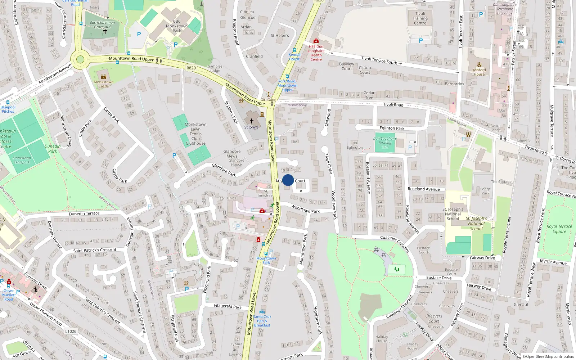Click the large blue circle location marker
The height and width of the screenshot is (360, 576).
pyautogui.click(x=288, y=180)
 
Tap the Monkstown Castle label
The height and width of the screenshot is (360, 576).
pyautogui.click(x=104, y=84)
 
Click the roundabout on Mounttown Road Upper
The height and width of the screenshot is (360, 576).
pyautogui.click(x=80, y=60)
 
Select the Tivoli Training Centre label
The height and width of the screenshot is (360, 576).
pyautogui.click(x=420, y=18)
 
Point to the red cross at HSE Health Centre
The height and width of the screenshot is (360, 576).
pyautogui.click(x=316, y=41)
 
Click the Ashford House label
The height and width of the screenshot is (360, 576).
pyautogui.click(x=479, y=72)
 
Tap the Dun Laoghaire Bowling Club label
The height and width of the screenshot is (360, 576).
pyautogui.click(x=385, y=143)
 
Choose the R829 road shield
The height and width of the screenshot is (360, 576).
pyautogui.click(x=191, y=68)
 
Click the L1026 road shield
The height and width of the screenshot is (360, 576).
pyautogui.click(x=71, y=331)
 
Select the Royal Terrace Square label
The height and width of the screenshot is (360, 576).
pyautogui.click(x=559, y=229)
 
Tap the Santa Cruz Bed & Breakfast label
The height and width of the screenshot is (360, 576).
pyautogui.click(x=262, y=321)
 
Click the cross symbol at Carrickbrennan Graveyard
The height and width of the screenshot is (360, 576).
pyautogui.click(x=105, y=31)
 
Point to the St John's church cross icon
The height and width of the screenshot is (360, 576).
pyautogui.click(x=252, y=121)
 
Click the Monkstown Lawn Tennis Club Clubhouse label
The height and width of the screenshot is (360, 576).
pyautogui.click(x=195, y=134)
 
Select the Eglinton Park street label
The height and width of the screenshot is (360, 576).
pyautogui.click(x=392, y=128)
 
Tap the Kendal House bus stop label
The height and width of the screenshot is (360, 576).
pyautogui.click(x=294, y=57)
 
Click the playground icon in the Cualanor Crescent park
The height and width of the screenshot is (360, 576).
pyautogui.click(x=397, y=269)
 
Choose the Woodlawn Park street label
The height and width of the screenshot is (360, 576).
pyautogui.click(x=305, y=209)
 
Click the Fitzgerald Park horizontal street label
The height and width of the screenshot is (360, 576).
pyautogui.click(x=228, y=306)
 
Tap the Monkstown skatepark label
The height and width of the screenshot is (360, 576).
pyautogui.click(x=22, y=160)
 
